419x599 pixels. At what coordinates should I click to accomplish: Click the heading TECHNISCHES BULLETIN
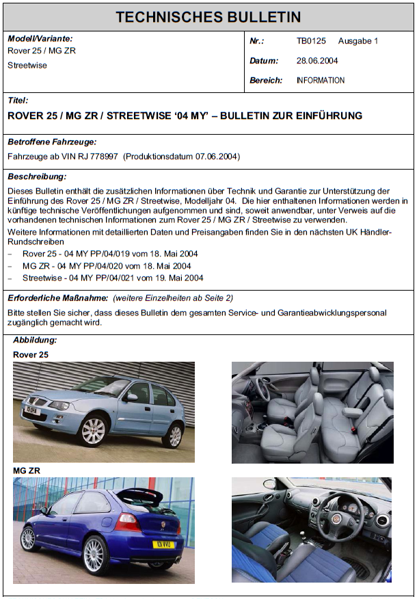(208, 17)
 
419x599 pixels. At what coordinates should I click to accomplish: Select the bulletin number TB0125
(310, 41)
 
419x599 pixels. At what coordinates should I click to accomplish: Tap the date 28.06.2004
(317, 61)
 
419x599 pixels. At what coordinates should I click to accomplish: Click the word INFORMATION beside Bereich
(321, 81)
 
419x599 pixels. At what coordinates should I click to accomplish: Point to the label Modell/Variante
(40, 39)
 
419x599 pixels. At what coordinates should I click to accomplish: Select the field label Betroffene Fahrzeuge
(52, 142)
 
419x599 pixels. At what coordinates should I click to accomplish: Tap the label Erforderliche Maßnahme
(57, 298)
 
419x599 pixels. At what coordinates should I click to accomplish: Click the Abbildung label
(35, 340)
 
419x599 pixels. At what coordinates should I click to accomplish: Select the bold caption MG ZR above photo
(27, 471)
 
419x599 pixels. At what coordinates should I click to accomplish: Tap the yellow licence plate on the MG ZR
(163, 545)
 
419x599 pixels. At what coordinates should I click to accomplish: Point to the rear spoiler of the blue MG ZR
(140, 494)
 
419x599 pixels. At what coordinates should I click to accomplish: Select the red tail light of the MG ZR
(127, 523)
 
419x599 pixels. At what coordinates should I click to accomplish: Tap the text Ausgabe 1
(358, 41)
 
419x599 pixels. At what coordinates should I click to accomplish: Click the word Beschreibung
(37, 177)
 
